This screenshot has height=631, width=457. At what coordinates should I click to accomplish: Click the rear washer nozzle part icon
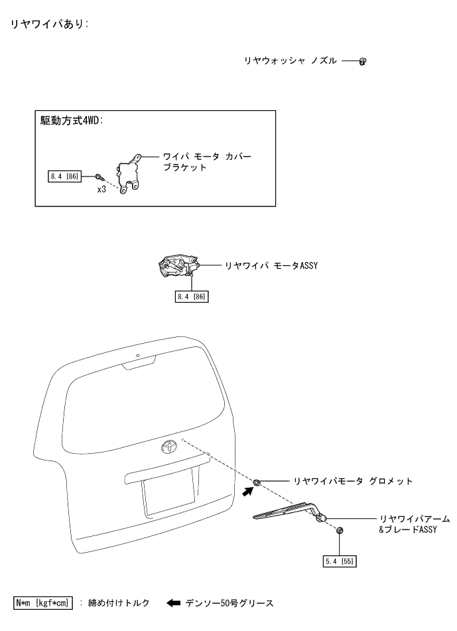362,61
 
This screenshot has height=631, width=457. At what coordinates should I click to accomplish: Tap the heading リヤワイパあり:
48,25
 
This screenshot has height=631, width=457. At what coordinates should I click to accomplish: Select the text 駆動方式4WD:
75,122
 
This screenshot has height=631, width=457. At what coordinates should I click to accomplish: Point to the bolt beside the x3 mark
98,176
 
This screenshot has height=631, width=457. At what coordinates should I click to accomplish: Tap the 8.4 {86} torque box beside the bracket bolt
64,176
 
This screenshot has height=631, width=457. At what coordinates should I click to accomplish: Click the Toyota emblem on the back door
168,445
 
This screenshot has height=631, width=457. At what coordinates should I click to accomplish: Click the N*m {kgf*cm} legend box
43,603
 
